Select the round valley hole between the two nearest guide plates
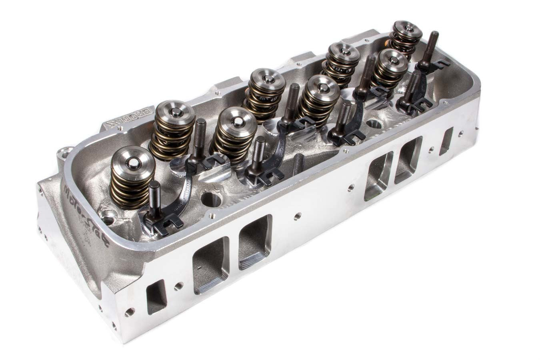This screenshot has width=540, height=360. click(x=212, y=199)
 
